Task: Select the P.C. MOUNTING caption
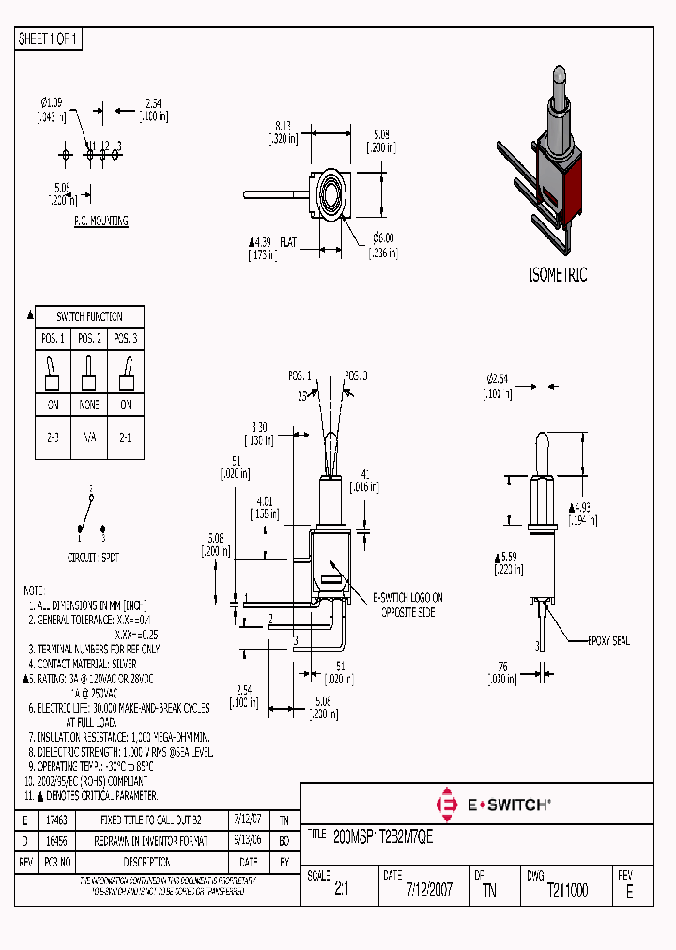(100, 222)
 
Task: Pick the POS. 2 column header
(89, 338)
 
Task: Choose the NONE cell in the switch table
(89, 405)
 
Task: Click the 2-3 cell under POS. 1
(53, 437)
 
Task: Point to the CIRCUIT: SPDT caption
(94, 558)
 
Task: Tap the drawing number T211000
(567, 891)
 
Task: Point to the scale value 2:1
(341, 891)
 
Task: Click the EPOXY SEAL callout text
(608, 641)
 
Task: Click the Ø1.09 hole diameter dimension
(52, 101)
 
